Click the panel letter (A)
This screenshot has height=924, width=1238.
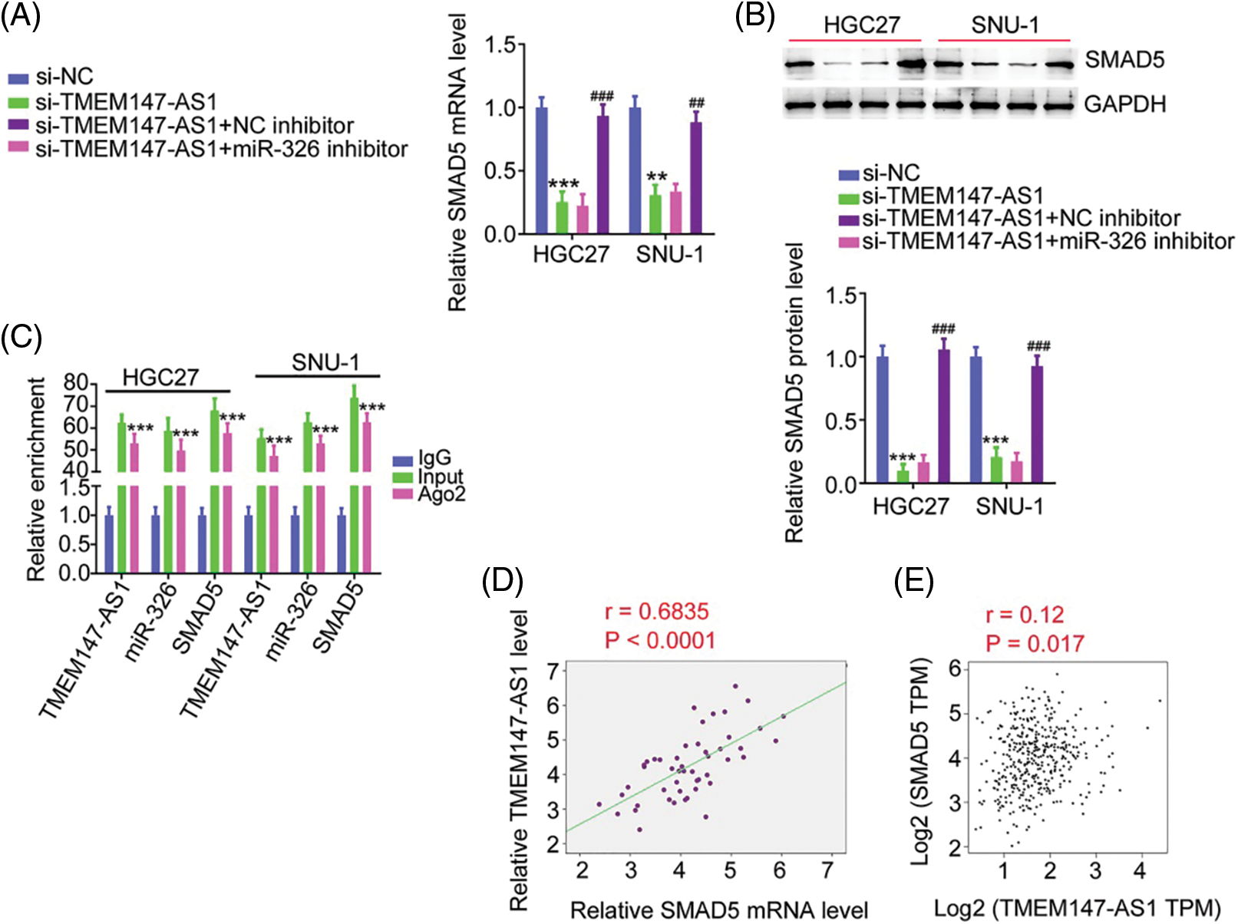(20, 15)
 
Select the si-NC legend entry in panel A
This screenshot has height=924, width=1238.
(64, 77)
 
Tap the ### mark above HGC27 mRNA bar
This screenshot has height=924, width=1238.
(602, 96)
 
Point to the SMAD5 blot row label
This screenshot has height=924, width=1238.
(1124, 60)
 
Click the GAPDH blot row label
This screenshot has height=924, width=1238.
(1124, 104)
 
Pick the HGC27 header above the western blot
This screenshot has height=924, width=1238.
(861, 25)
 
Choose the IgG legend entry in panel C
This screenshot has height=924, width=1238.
(434, 459)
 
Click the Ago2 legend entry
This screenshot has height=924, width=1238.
(441, 495)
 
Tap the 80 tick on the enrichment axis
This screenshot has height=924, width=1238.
(77, 382)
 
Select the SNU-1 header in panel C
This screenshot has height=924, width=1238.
(325, 362)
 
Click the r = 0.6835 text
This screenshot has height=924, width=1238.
(656, 612)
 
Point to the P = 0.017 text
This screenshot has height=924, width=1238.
(1035, 643)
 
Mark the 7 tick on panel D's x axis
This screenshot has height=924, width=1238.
(827, 870)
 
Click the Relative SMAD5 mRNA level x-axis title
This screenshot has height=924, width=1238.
(719, 910)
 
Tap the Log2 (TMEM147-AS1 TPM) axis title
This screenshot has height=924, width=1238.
(1077, 909)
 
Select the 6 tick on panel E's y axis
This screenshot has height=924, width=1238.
(954, 668)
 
